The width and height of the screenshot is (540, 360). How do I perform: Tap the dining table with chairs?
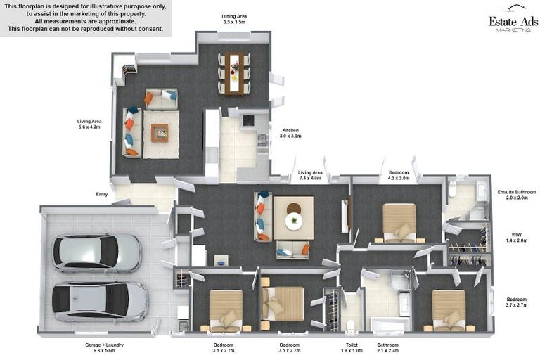[234, 72]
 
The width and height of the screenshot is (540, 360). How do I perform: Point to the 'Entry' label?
[102, 194]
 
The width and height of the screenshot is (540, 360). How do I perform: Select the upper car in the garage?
[96, 252]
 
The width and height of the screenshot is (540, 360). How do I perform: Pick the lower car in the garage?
[99, 301]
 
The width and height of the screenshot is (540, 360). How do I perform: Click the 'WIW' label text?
[517, 237]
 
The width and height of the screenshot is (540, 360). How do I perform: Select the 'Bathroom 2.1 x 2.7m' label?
[387, 348]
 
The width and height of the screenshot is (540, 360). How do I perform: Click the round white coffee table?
[293, 220]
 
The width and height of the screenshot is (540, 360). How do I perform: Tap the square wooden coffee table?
[160, 133]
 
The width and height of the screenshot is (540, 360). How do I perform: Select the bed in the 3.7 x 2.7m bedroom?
[449, 310]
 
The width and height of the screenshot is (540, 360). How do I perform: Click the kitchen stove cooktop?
[247, 121]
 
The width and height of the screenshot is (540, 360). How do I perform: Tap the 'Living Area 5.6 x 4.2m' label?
[89, 124]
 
